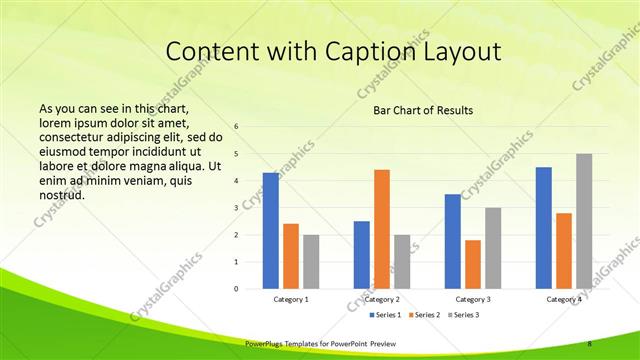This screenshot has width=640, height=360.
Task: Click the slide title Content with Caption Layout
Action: (x=333, y=51)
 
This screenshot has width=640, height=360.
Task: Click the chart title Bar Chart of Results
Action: (x=416, y=110)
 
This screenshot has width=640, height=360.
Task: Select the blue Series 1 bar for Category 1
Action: (x=271, y=230)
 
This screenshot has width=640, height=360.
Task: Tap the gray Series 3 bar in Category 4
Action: (x=583, y=221)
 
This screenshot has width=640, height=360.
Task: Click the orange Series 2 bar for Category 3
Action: (x=473, y=264)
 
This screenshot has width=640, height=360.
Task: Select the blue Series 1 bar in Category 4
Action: (x=544, y=227)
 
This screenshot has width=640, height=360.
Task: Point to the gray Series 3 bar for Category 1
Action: (x=311, y=261)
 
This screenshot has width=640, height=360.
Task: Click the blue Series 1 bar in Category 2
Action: (x=362, y=254)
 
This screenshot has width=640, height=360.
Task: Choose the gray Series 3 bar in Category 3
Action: (x=493, y=248)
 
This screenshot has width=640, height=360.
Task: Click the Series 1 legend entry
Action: (x=386, y=315)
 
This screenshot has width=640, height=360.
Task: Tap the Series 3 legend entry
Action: (x=465, y=315)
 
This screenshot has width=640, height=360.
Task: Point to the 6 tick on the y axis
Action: (x=236, y=127)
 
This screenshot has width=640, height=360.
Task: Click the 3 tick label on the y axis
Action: (x=236, y=208)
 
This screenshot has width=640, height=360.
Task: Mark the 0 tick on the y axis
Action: (x=236, y=289)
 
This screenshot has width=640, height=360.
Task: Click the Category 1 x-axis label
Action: (x=291, y=299)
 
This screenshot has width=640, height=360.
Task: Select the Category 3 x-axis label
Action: (x=473, y=299)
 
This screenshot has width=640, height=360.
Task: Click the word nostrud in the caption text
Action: (x=61, y=195)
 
